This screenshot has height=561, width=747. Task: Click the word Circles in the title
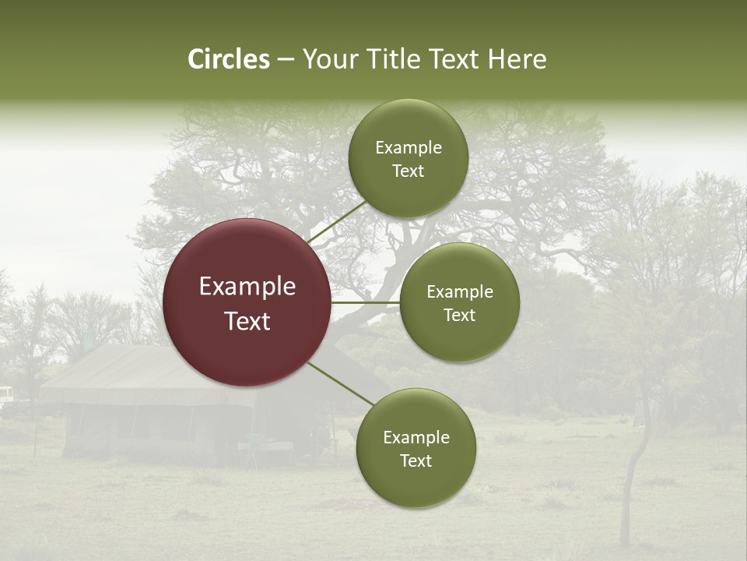tap(228, 59)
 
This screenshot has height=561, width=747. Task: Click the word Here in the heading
tap(517, 59)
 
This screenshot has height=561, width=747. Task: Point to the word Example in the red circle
tap(247, 286)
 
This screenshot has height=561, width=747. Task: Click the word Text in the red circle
tap(247, 320)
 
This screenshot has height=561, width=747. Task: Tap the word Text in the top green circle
tap(408, 171)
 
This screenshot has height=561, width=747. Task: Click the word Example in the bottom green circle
tap(416, 437)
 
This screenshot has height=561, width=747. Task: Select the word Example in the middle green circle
tap(459, 291)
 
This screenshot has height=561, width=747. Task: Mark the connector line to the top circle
tap(337, 222)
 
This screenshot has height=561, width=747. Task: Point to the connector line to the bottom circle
tap(339, 383)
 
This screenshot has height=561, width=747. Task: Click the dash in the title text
tap(285, 60)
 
